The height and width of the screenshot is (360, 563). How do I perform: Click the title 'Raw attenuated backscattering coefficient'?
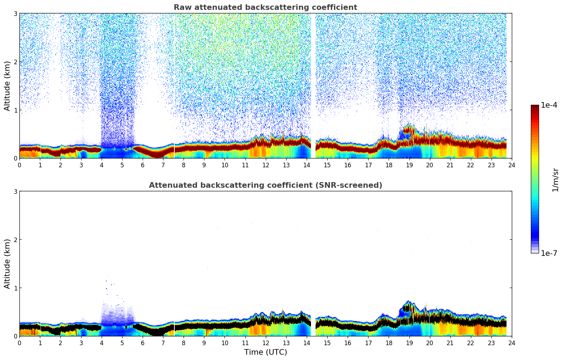(265, 7)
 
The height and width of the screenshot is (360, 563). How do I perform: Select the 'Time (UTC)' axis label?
(265, 352)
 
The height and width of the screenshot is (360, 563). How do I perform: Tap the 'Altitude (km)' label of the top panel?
(7, 86)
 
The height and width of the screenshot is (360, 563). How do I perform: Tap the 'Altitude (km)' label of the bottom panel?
(7, 264)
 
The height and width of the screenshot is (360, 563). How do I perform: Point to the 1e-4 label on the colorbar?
(549, 105)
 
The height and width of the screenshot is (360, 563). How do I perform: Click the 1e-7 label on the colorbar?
(549, 253)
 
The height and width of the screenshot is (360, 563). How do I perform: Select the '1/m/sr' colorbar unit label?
(555, 179)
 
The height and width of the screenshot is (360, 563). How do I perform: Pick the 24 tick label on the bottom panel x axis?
(511, 343)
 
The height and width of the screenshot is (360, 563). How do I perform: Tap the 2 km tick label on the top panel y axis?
(15, 62)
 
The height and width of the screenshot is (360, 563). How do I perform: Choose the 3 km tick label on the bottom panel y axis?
(15, 192)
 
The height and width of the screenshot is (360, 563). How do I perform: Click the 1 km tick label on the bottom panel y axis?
(15, 288)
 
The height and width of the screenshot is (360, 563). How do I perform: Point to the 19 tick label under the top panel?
(409, 165)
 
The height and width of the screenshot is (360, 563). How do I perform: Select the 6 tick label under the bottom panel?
(142, 343)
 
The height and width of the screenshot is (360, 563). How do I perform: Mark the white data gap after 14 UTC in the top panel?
(313, 85)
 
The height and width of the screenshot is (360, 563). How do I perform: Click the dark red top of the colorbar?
(535, 107)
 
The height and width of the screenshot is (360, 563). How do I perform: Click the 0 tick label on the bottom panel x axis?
(19, 343)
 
